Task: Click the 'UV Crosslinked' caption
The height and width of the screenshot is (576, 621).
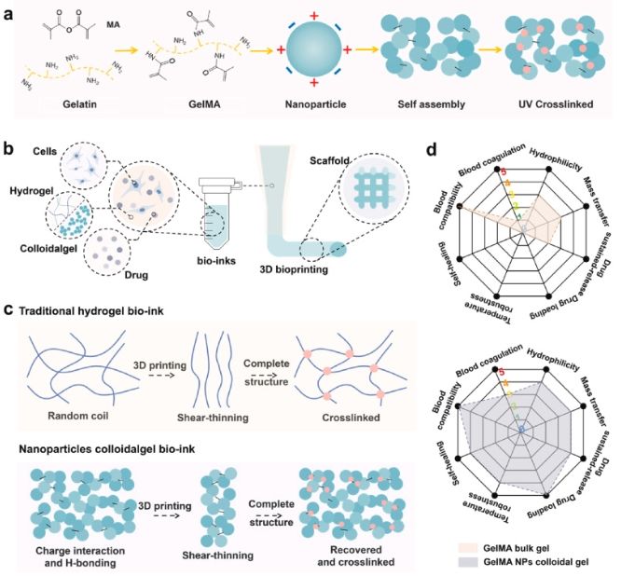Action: coord(561,106)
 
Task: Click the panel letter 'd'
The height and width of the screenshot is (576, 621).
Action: coord(430,149)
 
